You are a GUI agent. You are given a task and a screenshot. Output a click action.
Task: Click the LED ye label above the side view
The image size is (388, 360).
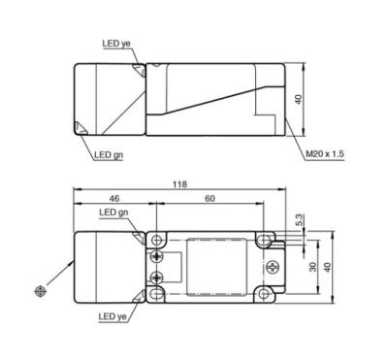(x=116, y=44)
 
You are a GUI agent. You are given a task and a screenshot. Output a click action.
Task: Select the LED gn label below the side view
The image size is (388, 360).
(x=109, y=155)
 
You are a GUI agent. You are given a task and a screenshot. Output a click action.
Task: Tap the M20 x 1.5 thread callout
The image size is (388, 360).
(x=325, y=154)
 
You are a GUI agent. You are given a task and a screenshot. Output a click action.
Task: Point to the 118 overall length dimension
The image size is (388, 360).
(x=179, y=184)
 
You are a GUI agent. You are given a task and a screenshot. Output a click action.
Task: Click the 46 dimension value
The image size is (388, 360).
(x=114, y=199)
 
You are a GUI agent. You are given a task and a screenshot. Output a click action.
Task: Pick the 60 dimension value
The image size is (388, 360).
(x=210, y=199)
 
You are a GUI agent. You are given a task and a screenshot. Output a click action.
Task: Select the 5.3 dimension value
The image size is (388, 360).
(x=300, y=220)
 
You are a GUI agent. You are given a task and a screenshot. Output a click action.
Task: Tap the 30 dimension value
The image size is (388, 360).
(x=312, y=267)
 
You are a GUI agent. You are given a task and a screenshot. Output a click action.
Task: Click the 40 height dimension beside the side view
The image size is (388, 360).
(x=299, y=99)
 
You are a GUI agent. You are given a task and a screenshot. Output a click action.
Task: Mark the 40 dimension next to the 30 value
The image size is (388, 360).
(x=328, y=267)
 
